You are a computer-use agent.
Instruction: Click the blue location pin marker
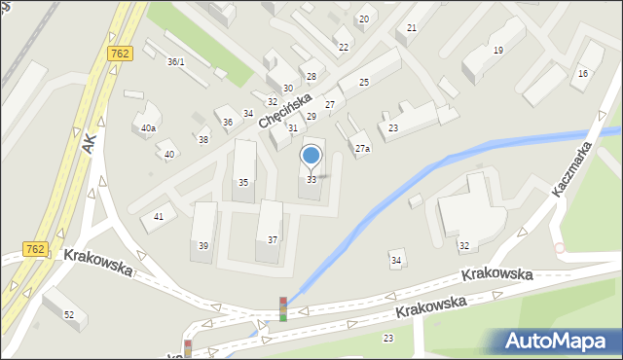[311, 157]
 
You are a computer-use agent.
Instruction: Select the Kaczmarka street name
[575, 167]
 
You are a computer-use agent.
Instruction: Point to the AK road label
[90, 144]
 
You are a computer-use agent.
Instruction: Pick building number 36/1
[175, 61]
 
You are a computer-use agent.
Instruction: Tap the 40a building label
[148, 128]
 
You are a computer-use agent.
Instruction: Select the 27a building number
[362, 149]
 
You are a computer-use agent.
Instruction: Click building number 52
[69, 314]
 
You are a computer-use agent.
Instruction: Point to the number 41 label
[158, 217]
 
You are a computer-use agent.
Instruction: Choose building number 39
[203, 246]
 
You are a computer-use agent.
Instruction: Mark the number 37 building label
[273, 240]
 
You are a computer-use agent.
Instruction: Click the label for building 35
[243, 183]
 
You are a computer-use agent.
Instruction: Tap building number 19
[498, 50]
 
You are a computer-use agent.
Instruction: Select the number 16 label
[583, 74]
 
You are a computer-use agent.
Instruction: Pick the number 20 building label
[363, 19]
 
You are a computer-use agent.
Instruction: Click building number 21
[412, 28]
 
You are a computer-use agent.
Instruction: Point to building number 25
[363, 83]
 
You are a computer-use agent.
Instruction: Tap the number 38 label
[202, 140]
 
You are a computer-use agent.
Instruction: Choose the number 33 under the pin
[311, 180]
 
